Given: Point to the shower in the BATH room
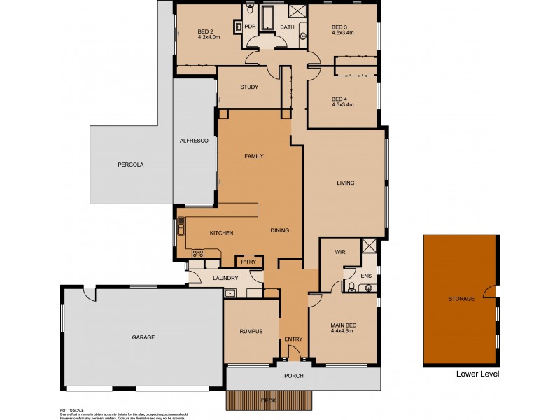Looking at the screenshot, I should point(297,12).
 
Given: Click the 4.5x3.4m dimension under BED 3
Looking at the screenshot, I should point(342,33).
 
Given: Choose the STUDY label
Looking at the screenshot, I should point(249,87).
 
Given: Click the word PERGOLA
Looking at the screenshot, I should point(130,165).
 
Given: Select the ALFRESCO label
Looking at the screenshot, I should point(194,141).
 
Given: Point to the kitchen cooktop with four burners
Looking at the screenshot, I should point(197,254).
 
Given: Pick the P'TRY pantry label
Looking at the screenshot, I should point(248,262).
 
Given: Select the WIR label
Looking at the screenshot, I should point(342,251).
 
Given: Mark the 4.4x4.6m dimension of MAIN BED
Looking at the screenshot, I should point(342,331).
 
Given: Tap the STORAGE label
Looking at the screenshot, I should point(461,299).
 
